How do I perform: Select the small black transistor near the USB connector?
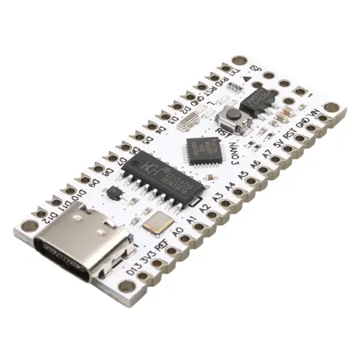pos(113,194)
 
